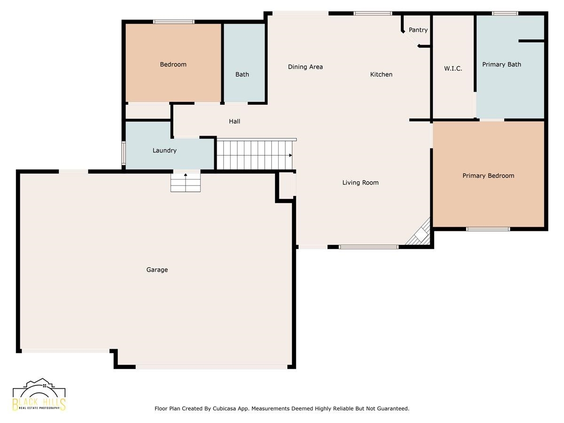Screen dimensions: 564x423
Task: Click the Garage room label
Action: coord(157,270)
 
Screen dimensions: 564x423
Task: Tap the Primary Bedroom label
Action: coord(488,176)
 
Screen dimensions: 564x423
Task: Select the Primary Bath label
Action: coord(501,64)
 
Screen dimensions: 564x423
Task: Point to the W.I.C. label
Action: coord(453,69)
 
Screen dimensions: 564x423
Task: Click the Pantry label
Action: coord(418,30)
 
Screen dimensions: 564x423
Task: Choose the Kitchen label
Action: coord(381,74)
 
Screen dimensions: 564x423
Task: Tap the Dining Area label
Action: coord(305,67)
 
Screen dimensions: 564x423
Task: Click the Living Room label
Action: coord(360,183)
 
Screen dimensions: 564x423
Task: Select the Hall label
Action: coord(235,121)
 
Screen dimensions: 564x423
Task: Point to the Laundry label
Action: coord(164,150)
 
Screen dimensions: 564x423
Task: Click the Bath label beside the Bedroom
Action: coord(242,74)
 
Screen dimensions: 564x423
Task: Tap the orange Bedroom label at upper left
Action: coord(173,64)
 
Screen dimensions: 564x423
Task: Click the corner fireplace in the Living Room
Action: coord(419,233)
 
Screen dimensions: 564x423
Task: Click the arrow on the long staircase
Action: coord(290,155)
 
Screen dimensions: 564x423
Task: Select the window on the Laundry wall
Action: coord(124,153)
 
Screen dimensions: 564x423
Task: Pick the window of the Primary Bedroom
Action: coord(488,229)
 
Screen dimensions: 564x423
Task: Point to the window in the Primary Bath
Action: coord(505,13)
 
